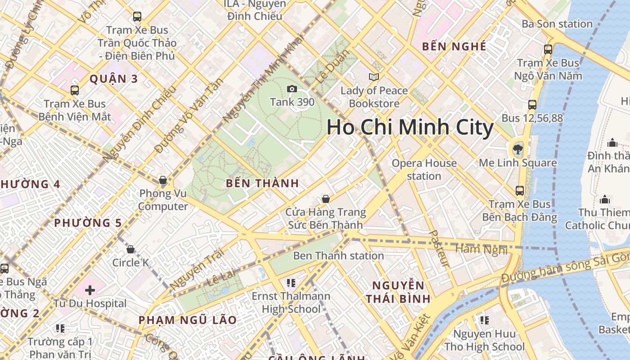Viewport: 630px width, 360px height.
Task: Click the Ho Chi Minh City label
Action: pyautogui.click(x=410, y=127)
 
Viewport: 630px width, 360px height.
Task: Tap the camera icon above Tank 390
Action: pyautogui.click(x=292, y=89)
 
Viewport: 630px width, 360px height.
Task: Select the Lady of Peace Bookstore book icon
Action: pyautogui.click(x=373, y=77)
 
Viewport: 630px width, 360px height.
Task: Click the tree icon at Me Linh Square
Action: pyautogui.click(x=517, y=148)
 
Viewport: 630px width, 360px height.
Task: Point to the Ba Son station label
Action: pyautogui.click(x=557, y=24)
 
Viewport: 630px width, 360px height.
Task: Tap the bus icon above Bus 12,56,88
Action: pyautogui.click(x=532, y=105)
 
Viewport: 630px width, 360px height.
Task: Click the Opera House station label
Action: pyautogui.click(x=424, y=170)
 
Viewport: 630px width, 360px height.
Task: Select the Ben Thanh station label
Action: pyautogui.click(x=338, y=256)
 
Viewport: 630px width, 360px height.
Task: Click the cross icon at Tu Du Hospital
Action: pyautogui.click(x=90, y=290)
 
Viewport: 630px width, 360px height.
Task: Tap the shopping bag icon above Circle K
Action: pyautogui.click(x=130, y=249)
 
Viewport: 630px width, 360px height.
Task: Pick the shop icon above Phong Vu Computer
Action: pyautogui.click(x=163, y=180)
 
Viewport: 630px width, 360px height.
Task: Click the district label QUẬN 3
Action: pyautogui.click(x=113, y=79)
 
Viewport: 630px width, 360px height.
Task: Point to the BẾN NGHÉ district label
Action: pyautogui.click(x=454, y=46)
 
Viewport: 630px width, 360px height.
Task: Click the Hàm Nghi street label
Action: pyautogui.click(x=481, y=249)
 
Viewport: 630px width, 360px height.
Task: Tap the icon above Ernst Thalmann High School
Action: pyautogui.click(x=291, y=283)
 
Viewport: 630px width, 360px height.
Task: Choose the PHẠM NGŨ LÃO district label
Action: pyautogui.click(x=187, y=320)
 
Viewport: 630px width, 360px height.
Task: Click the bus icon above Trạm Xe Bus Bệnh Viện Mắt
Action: pyautogui.click(x=75, y=90)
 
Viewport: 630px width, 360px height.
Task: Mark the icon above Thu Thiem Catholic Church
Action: pyautogui.click(x=605, y=199)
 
